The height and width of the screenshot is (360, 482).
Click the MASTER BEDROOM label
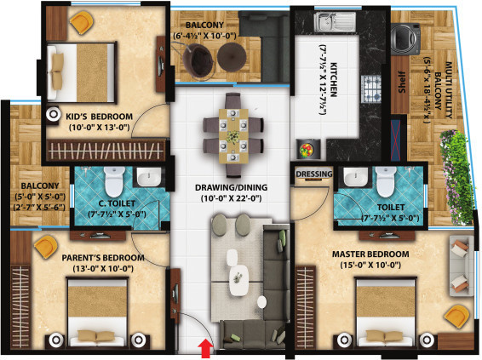click(373, 254)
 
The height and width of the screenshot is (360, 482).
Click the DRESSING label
click(313, 174)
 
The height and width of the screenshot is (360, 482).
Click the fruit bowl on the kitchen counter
click(307, 148)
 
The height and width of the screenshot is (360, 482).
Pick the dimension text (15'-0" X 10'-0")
click(373, 267)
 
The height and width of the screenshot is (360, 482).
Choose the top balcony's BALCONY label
click(194, 25)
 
